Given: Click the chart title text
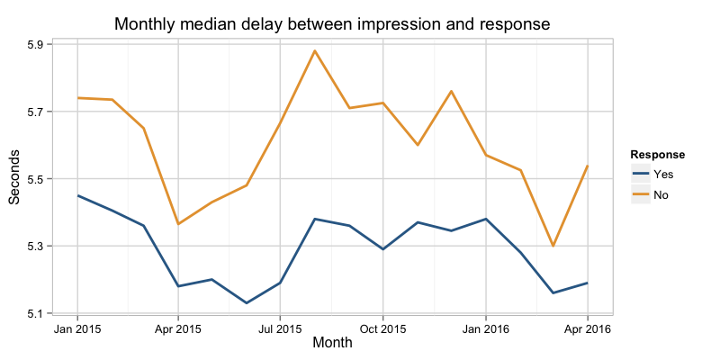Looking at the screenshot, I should pyautogui.click(x=332, y=23).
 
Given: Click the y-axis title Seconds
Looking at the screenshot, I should pyautogui.click(x=15, y=177).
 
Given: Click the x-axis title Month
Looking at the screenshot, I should pyautogui.click(x=332, y=343).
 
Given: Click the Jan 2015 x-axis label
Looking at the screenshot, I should pyautogui.click(x=76, y=328).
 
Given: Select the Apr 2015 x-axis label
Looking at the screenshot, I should pyautogui.click(x=177, y=328).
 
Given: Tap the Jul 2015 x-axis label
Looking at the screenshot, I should pyautogui.click(x=279, y=328).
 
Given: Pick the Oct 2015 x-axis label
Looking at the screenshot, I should pyautogui.click(x=382, y=328).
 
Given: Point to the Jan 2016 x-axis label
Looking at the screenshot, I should pyautogui.click(x=486, y=328).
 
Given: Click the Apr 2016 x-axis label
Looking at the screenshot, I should pyautogui.click(x=588, y=328).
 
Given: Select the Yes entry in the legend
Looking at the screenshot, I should pyautogui.click(x=662, y=175).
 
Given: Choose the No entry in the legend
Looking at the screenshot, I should pyautogui.click(x=661, y=194).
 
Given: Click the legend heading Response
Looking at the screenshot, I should pyautogui.click(x=657, y=154).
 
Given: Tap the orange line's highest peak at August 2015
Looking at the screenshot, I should pyautogui.click(x=315, y=50).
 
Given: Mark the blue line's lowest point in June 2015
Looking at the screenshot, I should pyautogui.click(x=247, y=303).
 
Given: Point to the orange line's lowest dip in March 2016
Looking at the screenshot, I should pyautogui.click(x=553, y=246).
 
